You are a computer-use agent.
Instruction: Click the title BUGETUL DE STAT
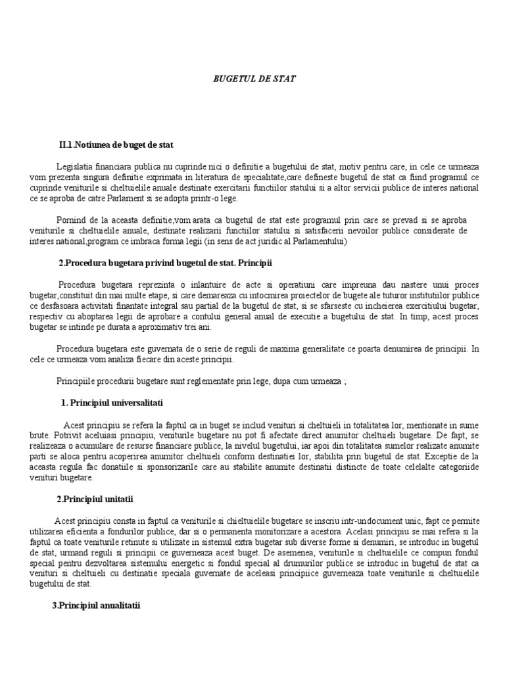pos(254,78)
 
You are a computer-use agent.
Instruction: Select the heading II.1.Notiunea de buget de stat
pos(116,144)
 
